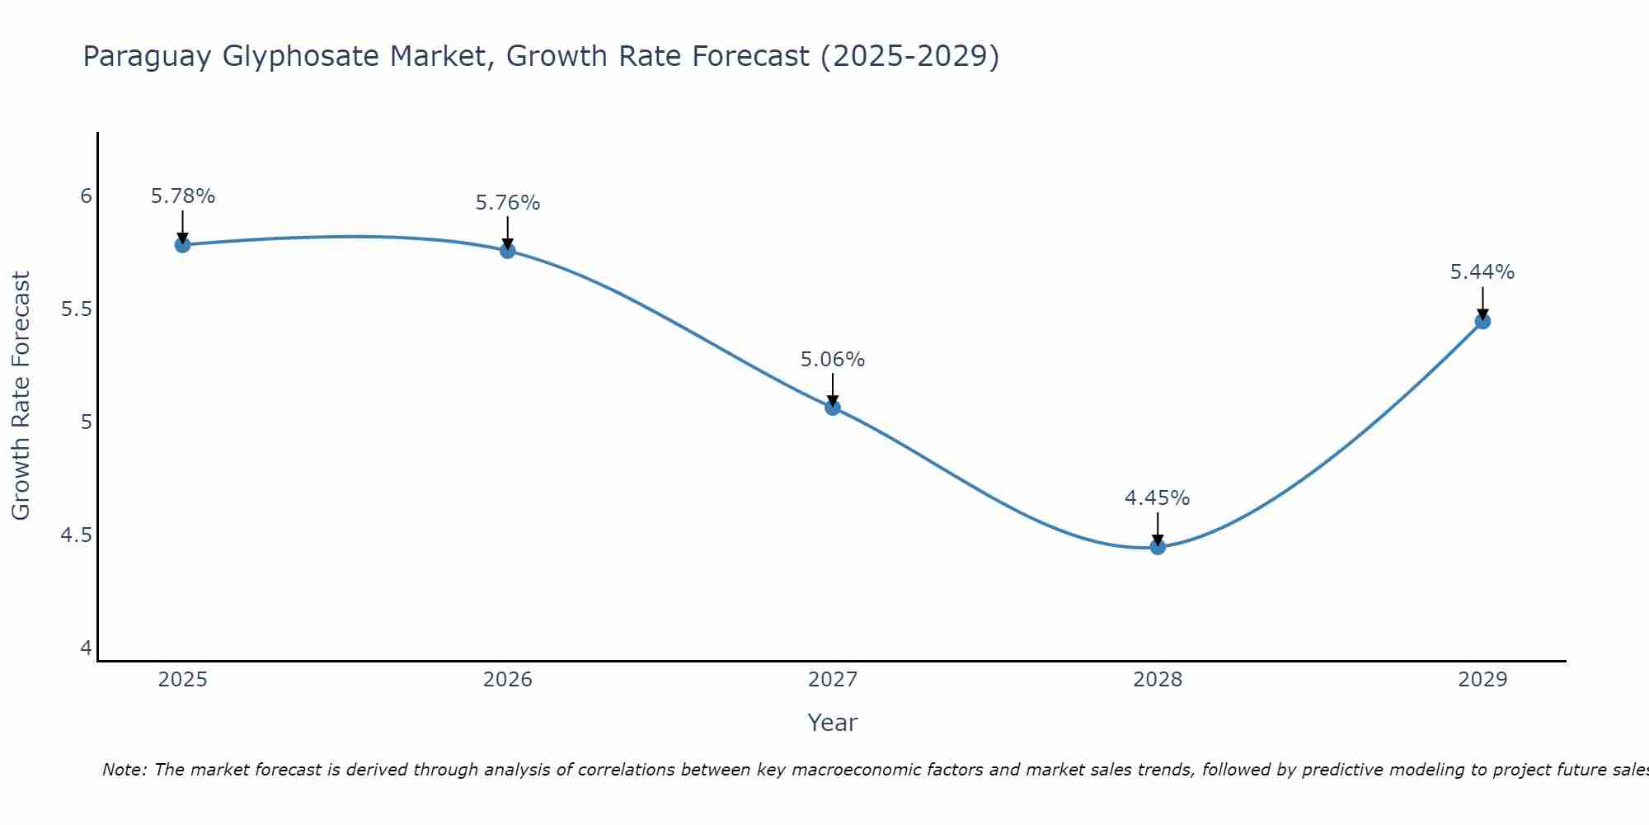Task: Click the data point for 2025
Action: pyautogui.click(x=183, y=245)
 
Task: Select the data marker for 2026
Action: pyautogui.click(x=508, y=251)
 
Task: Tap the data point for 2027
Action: pyautogui.click(x=833, y=408)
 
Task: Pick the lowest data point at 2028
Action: pyautogui.click(x=1158, y=547)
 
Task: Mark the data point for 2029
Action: pyautogui.click(x=1482, y=321)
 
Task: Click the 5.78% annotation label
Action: pyautogui.click(x=183, y=196)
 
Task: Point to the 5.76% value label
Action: pyautogui.click(x=508, y=203)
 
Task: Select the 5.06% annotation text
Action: pyautogui.click(x=833, y=360)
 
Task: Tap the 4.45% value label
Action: pyautogui.click(x=1158, y=498)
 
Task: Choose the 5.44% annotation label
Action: pyautogui.click(x=1482, y=272)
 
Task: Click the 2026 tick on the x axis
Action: pyautogui.click(x=508, y=680)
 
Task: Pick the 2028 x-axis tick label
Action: pyautogui.click(x=1158, y=680)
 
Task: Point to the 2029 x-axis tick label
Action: pyautogui.click(x=1482, y=680)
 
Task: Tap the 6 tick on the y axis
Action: pyautogui.click(x=86, y=196)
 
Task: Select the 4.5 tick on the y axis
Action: pyautogui.click(x=76, y=535)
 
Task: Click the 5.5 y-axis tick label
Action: pyautogui.click(x=76, y=310)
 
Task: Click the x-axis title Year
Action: pyautogui.click(x=833, y=723)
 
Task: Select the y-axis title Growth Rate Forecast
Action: pyautogui.click(x=21, y=396)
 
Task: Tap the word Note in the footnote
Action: pyautogui.click(x=124, y=770)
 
